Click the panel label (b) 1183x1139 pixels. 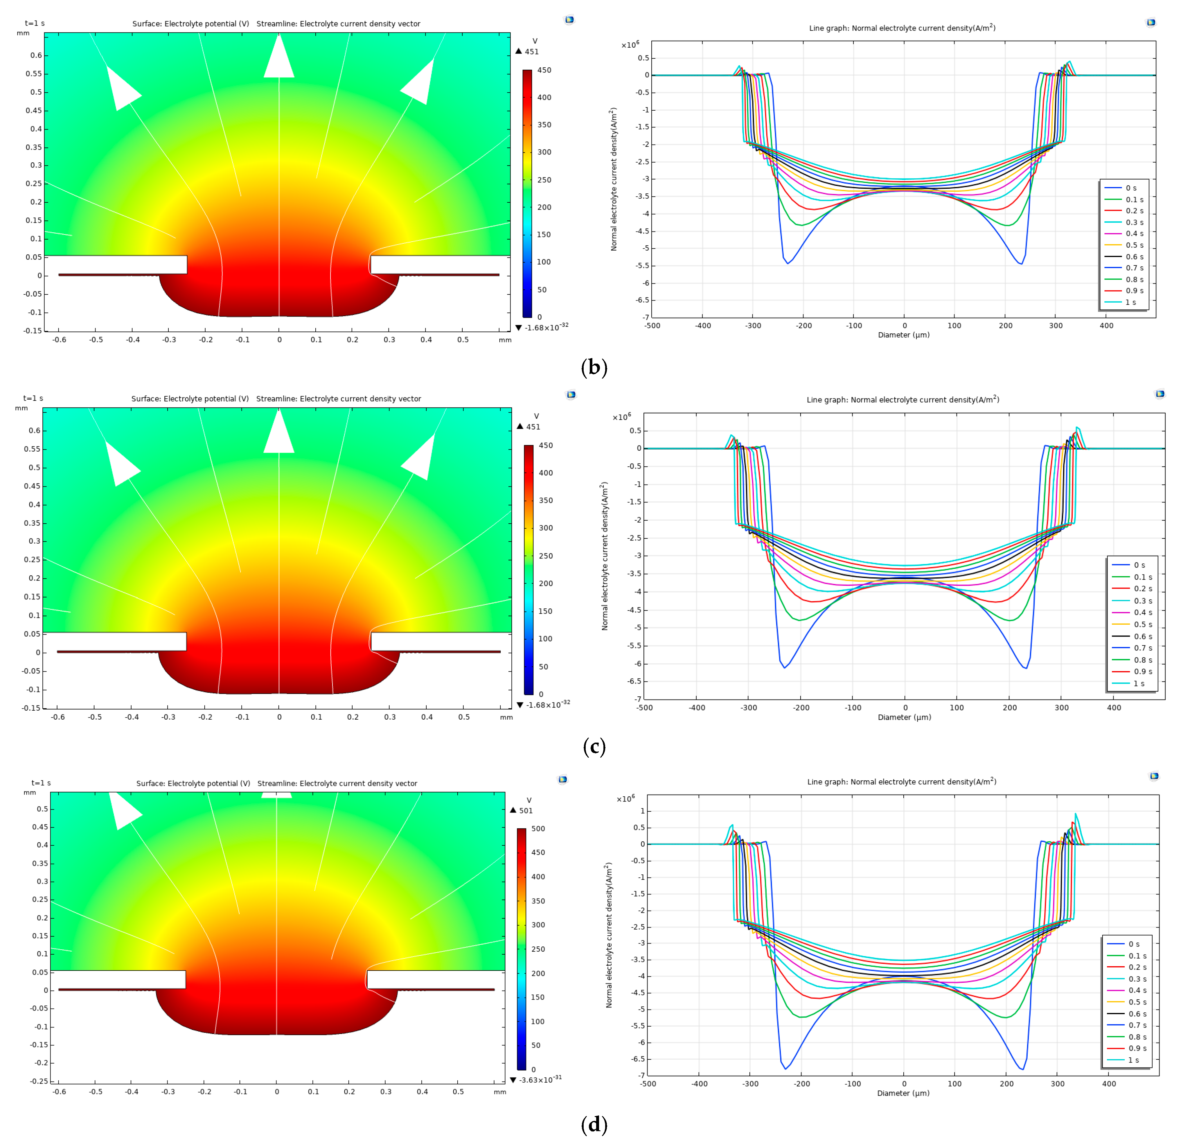point(594,368)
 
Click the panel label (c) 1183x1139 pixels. point(594,747)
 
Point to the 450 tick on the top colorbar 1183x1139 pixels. point(544,70)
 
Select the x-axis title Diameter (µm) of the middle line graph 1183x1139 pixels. point(904,717)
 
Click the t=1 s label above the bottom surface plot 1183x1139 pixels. point(41,783)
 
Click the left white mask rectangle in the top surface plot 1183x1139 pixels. point(116,264)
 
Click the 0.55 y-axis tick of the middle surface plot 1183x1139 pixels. point(33,449)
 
